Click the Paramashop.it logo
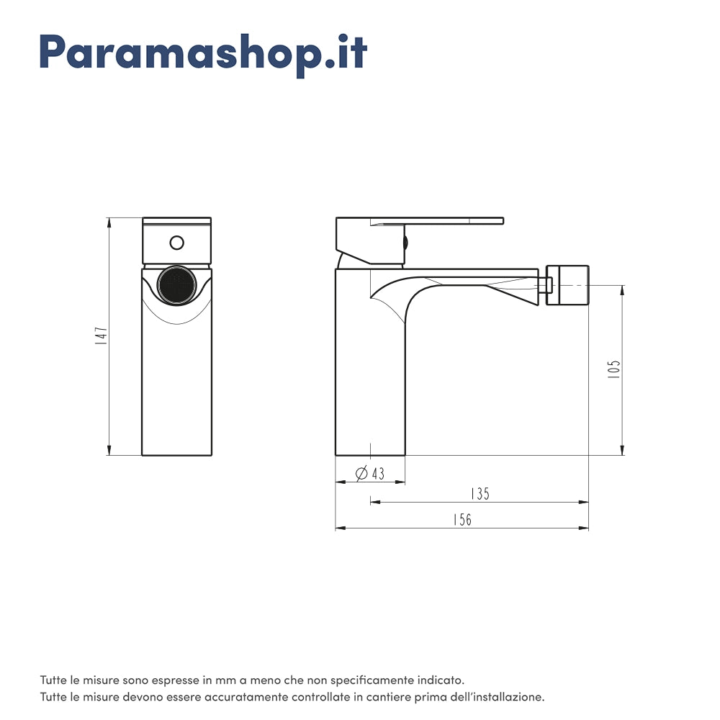pyautogui.click(x=204, y=54)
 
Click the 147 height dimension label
pyautogui.click(x=102, y=336)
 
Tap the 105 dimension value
pyautogui.click(x=613, y=369)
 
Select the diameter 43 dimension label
pyautogui.click(x=370, y=473)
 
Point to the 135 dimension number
pyautogui.click(x=480, y=494)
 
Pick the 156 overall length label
pyautogui.click(x=462, y=519)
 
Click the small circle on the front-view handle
pyautogui.click(x=177, y=243)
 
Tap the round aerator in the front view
pyautogui.click(x=177, y=285)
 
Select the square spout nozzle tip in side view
pyautogui.click(x=567, y=285)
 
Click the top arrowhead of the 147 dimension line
pyautogui.click(x=109, y=222)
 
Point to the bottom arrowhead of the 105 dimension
pyautogui.click(x=623, y=450)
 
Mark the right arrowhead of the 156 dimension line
pyautogui.click(x=584, y=528)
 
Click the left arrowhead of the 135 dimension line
pyautogui.click(x=376, y=502)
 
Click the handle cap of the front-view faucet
pyautogui.click(x=177, y=241)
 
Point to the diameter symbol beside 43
pyautogui.click(x=362, y=473)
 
